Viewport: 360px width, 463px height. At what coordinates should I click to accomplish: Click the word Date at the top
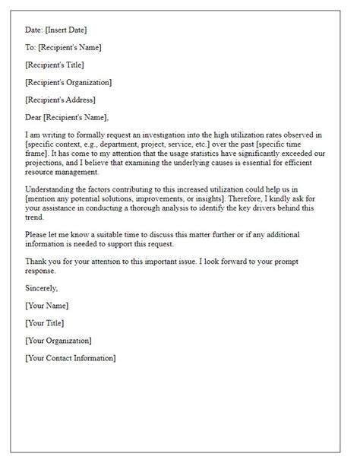click(x=34, y=30)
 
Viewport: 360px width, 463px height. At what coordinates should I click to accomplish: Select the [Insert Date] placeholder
click(x=68, y=30)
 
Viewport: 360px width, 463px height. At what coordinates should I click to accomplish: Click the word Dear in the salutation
click(x=35, y=117)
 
